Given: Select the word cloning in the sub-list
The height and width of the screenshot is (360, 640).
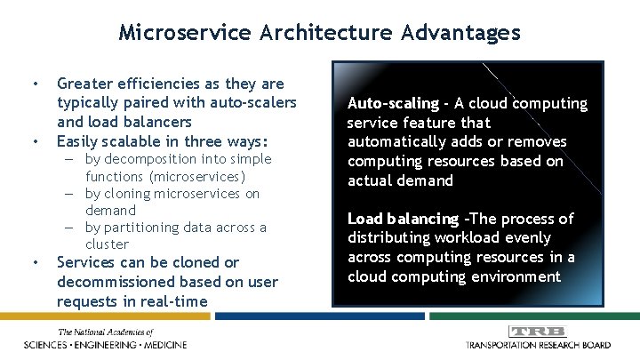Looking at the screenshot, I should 135,194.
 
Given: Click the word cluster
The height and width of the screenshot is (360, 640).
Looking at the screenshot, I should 107,244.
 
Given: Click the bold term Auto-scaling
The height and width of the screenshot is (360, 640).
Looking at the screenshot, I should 393,103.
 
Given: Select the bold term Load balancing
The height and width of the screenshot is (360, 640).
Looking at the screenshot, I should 403,219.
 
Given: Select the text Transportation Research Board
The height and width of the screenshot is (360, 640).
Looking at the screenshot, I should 538,345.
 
